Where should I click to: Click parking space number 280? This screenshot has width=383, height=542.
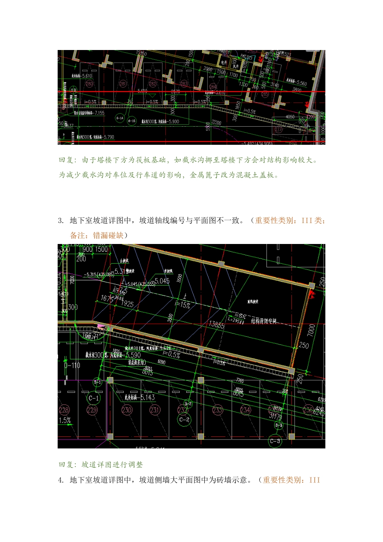89,84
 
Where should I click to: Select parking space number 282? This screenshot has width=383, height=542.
153,84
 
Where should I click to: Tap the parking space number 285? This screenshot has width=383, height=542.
265,94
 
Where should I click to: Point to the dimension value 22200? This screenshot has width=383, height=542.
216,123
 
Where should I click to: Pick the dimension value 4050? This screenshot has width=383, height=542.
290,117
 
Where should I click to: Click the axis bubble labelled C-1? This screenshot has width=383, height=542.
94,398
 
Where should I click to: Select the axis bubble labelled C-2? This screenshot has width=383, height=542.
184,419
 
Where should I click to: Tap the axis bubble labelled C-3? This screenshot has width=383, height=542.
275,441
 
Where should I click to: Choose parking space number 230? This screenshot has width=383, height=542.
127,410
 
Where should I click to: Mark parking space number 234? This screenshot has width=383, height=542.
245,410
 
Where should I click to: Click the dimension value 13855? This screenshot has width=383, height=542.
216,325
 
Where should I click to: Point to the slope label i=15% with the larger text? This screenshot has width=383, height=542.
182,305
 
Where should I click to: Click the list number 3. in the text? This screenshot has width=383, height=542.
61,221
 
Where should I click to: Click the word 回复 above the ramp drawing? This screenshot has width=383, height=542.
65,160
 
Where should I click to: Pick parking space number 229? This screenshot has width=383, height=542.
92,410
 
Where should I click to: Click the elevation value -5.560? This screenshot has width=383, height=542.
299,84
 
